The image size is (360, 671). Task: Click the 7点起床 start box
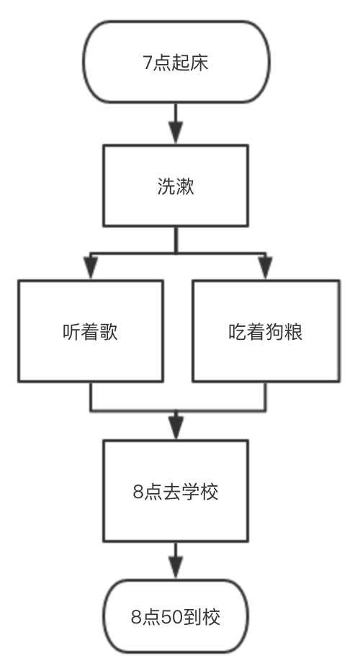click(176, 61)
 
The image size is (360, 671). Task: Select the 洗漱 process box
click(176, 186)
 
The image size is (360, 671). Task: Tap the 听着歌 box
click(90, 331)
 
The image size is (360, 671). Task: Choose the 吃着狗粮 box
click(264, 331)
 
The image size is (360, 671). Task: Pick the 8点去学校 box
click(176, 492)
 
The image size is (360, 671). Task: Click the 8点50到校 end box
click(176, 617)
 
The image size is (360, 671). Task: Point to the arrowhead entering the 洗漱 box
click(176, 134)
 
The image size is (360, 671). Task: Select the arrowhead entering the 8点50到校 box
click(176, 568)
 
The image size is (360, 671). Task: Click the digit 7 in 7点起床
click(148, 62)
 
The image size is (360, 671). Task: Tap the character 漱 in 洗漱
click(186, 186)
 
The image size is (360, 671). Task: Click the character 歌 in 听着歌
click(109, 333)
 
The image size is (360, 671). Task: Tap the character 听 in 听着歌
click(71, 333)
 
